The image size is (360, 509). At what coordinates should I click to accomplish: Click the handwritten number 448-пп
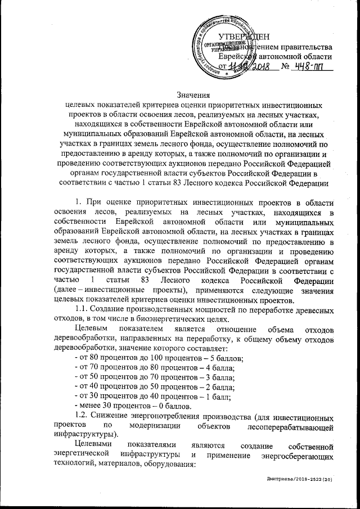(x=309, y=67)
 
